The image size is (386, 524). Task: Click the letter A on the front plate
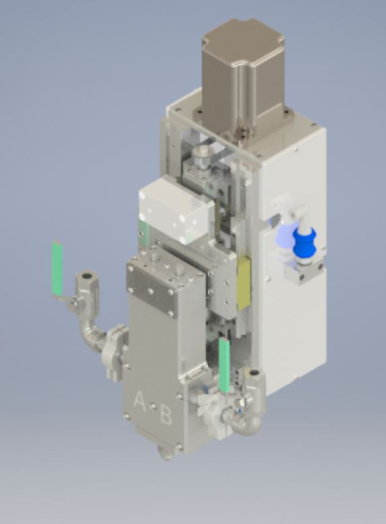pyautogui.click(x=139, y=402)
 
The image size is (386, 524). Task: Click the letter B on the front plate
pyautogui.click(x=166, y=414)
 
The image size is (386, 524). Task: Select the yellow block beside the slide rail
pyautogui.click(x=243, y=283)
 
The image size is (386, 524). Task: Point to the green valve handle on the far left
pyautogui.click(x=57, y=268)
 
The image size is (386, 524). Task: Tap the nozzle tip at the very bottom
pyautogui.click(x=167, y=453)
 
